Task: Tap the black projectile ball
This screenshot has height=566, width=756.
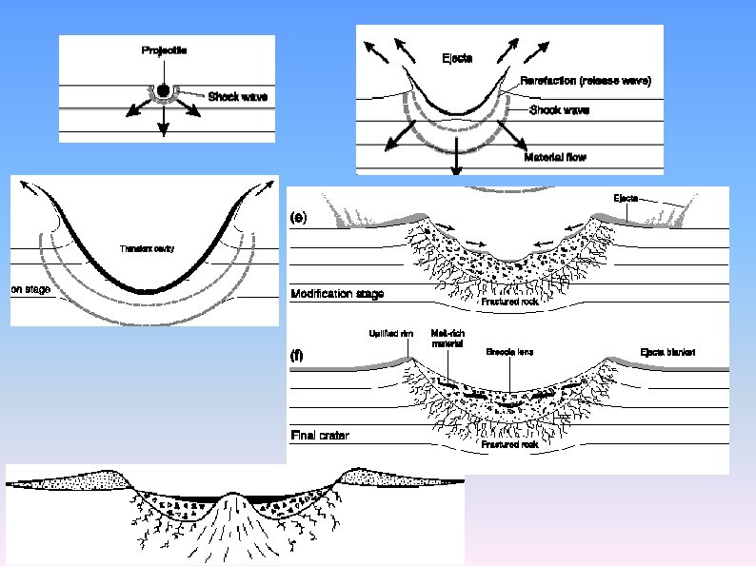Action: pyautogui.click(x=164, y=90)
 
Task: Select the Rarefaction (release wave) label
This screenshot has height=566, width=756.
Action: pyautogui.click(x=586, y=81)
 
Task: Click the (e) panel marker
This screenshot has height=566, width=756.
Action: pyautogui.click(x=299, y=218)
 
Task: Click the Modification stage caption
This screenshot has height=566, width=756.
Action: pyautogui.click(x=336, y=294)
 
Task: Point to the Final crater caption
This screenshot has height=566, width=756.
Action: pyautogui.click(x=319, y=435)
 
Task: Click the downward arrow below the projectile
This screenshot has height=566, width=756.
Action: pyautogui.click(x=164, y=122)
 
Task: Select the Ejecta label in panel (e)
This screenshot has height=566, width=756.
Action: pyautogui.click(x=626, y=198)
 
